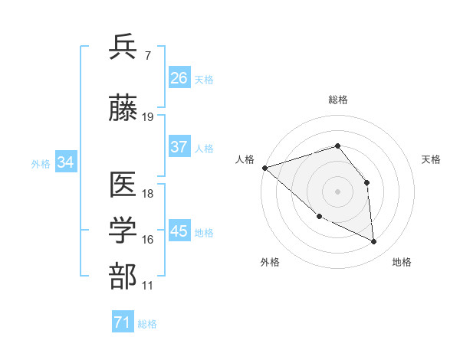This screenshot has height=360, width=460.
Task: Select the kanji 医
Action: click(124, 186)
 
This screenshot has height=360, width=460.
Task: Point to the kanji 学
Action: click(124, 231)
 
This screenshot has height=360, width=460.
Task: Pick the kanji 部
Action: click(124, 277)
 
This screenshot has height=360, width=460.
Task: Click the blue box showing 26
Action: click(179, 78)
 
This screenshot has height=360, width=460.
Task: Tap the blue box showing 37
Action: click(179, 148)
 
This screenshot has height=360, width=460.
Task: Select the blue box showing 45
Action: click(179, 231)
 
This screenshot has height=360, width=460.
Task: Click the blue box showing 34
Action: click(65, 162)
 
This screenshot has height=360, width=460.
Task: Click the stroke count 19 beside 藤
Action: click(148, 117)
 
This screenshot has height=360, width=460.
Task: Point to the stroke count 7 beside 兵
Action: click(147, 54)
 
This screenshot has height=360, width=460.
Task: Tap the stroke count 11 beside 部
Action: click(148, 285)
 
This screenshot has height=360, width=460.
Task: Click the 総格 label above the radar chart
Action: click(338, 100)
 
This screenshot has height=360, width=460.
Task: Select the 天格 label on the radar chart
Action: click(432, 159)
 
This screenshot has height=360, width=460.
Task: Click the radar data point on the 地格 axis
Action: click(374, 242)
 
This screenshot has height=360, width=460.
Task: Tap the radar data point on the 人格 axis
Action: click(264, 167)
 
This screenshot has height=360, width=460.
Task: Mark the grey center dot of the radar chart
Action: click(338, 191)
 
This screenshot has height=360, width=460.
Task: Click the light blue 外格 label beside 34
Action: click(41, 163)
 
